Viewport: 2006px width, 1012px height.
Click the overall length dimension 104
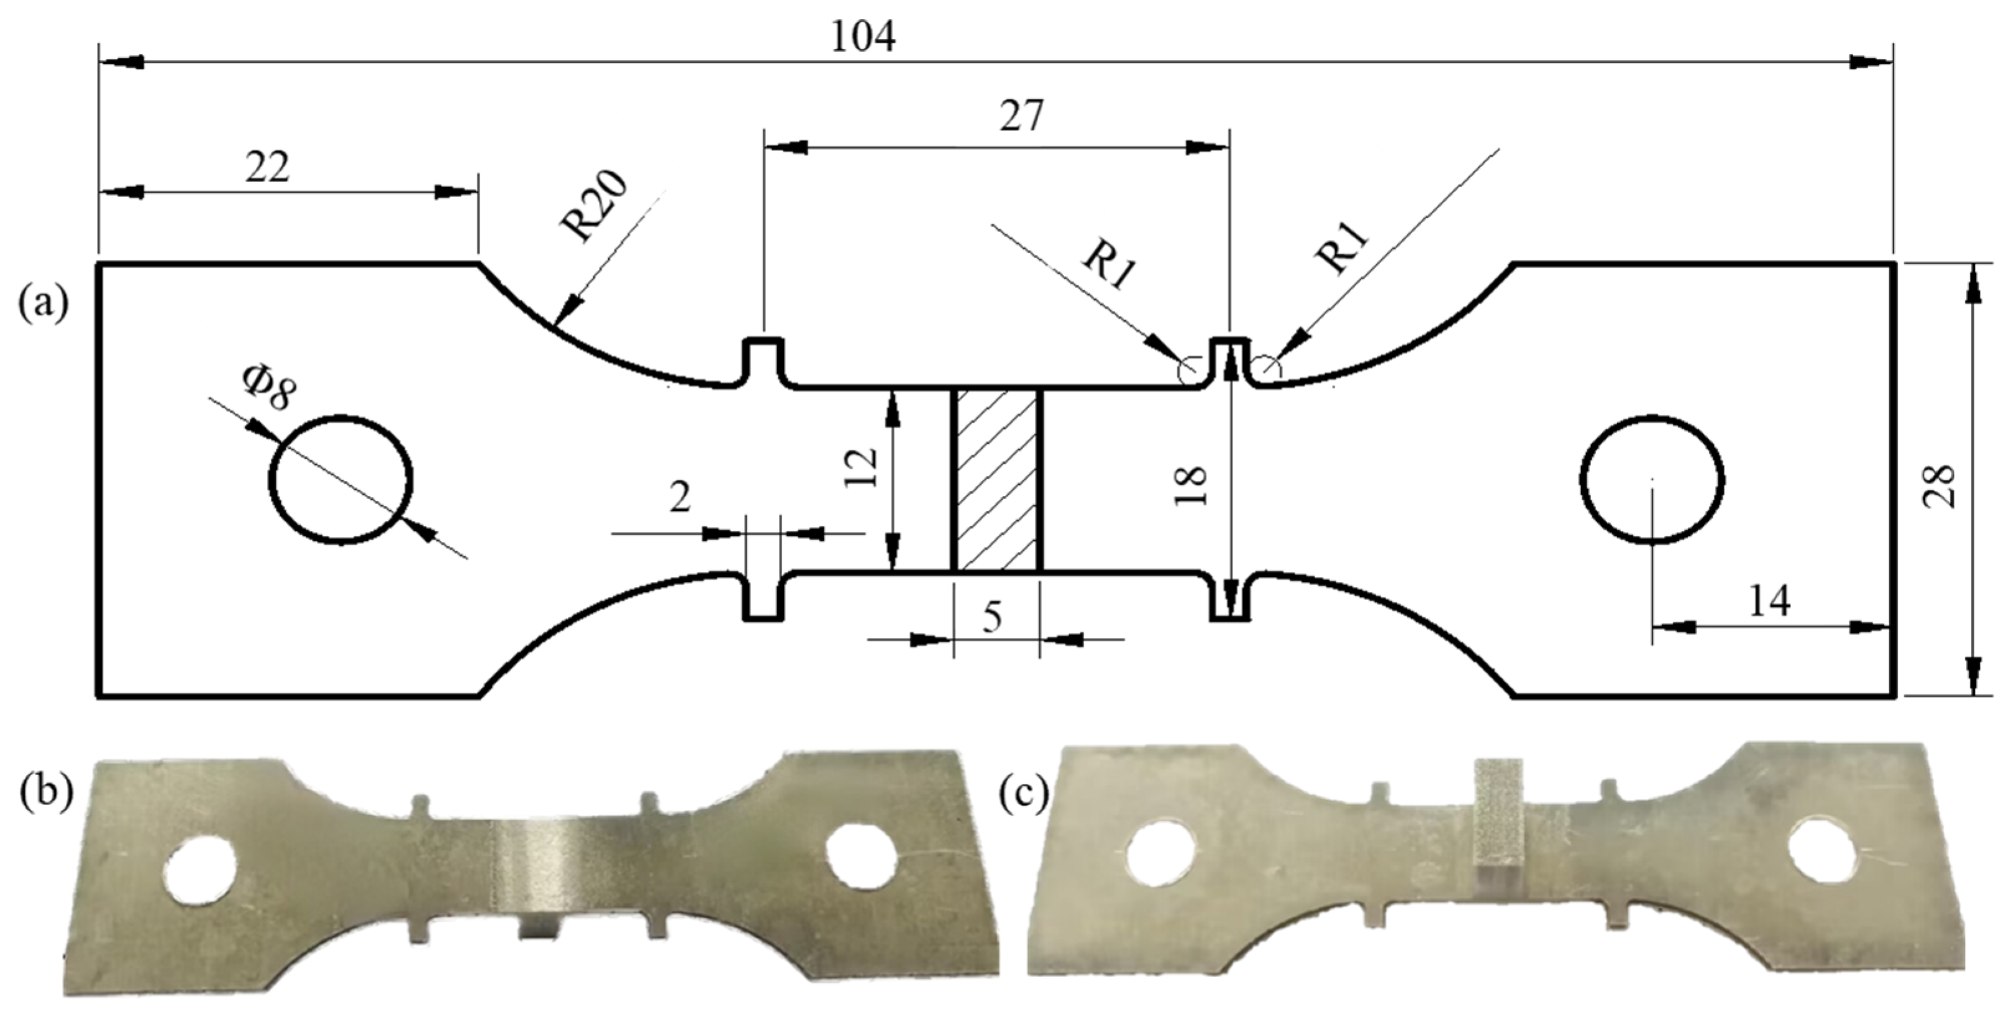pyautogui.click(x=863, y=37)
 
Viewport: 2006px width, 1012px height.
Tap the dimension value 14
pyautogui.click(x=1769, y=602)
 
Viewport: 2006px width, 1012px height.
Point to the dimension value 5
pyautogui.click(x=992, y=618)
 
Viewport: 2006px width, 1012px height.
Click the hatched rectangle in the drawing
pyautogui.click(x=996, y=480)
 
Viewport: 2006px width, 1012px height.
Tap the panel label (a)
pyautogui.click(x=43, y=302)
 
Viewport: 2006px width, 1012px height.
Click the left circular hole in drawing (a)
pyautogui.click(x=340, y=479)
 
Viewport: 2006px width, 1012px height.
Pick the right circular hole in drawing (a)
pyautogui.click(x=1652, y=477)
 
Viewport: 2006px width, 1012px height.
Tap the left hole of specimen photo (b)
pyautogui.click(x=201, y=870)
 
